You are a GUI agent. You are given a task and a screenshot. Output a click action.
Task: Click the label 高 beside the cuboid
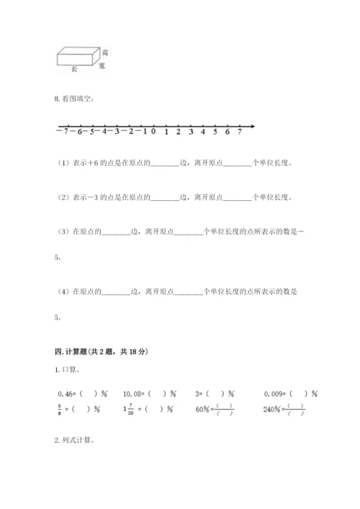pyautogui.click(x=105, y=53)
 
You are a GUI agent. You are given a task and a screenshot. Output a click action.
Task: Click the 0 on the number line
pyautogui.click(x=153, y=132)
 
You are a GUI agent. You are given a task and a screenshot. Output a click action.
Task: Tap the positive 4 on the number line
pyautogui.click(x=204, y=132)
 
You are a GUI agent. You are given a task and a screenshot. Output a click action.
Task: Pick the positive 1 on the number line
pyautogui.click(x=166, y=132)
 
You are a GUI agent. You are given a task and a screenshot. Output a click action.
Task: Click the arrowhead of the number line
pyautogui.click(x=253, y=127)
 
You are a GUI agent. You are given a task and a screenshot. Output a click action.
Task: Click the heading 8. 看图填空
pyautogui.click(x=75, y=100)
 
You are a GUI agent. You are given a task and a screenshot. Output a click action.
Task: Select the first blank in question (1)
pyautogui.click(x=165, y=163)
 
